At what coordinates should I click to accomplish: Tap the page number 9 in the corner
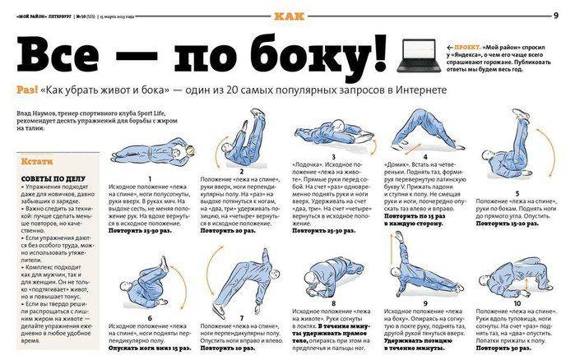click(567, 16)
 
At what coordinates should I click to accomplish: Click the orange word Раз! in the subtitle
click(25, 90)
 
